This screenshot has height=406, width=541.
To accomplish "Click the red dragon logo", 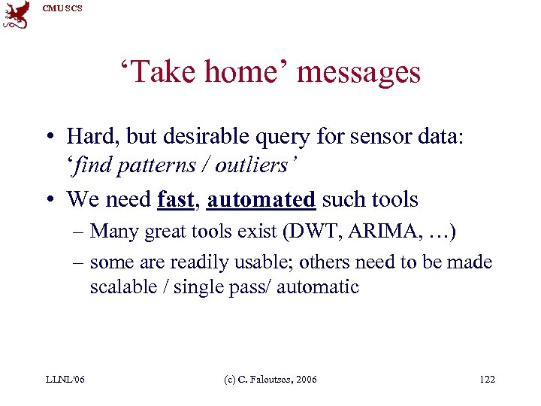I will click(16, 14).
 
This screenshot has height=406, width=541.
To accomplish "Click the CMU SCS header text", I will click(62, 8).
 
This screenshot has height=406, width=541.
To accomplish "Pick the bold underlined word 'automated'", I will click(261, 199).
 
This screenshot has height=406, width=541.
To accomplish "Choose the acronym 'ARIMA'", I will click(376, 231).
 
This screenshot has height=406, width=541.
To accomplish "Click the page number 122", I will click(487, 380).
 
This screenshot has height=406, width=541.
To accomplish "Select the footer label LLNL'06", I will click(64, 380).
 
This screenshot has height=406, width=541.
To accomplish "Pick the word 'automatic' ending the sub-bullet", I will click(318, 287).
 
